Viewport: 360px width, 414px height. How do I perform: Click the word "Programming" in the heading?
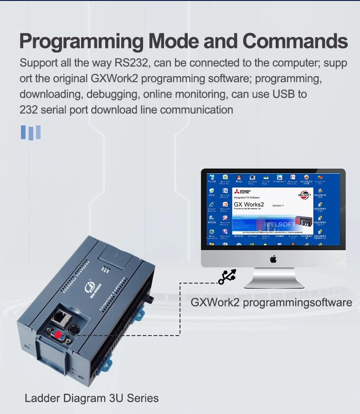(x=81, y=41)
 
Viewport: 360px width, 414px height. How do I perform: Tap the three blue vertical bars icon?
(x=31, y=132)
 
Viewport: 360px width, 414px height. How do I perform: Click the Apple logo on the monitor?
(x=273, y=259)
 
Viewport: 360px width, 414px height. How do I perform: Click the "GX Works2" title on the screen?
(x=249, y=204)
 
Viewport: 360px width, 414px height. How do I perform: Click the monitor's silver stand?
(x=273, y=278)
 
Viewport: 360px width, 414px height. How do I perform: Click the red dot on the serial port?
(x=58, y=335)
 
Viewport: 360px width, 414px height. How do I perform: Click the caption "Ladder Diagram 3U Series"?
(x=92, y=398)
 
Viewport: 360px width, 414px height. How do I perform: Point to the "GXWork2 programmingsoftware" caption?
(x=271, y=302)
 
